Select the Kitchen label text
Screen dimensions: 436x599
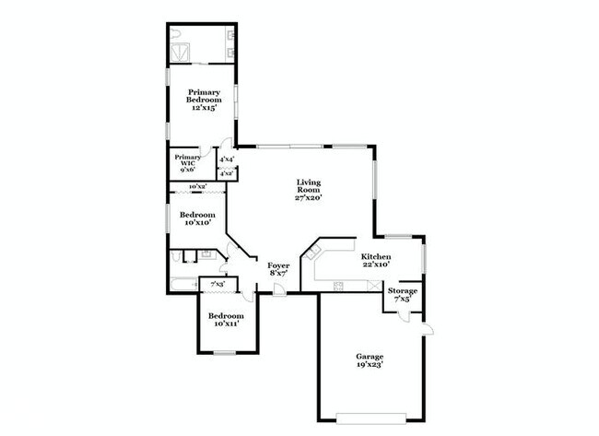pos(376,261)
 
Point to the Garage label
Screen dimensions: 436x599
pos(370,360)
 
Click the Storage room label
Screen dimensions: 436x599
pos(402,295)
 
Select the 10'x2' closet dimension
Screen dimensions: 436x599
pos(196,187)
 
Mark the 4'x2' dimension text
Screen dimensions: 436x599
pos(227,173)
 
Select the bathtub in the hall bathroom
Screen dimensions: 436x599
pos(183,285)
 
